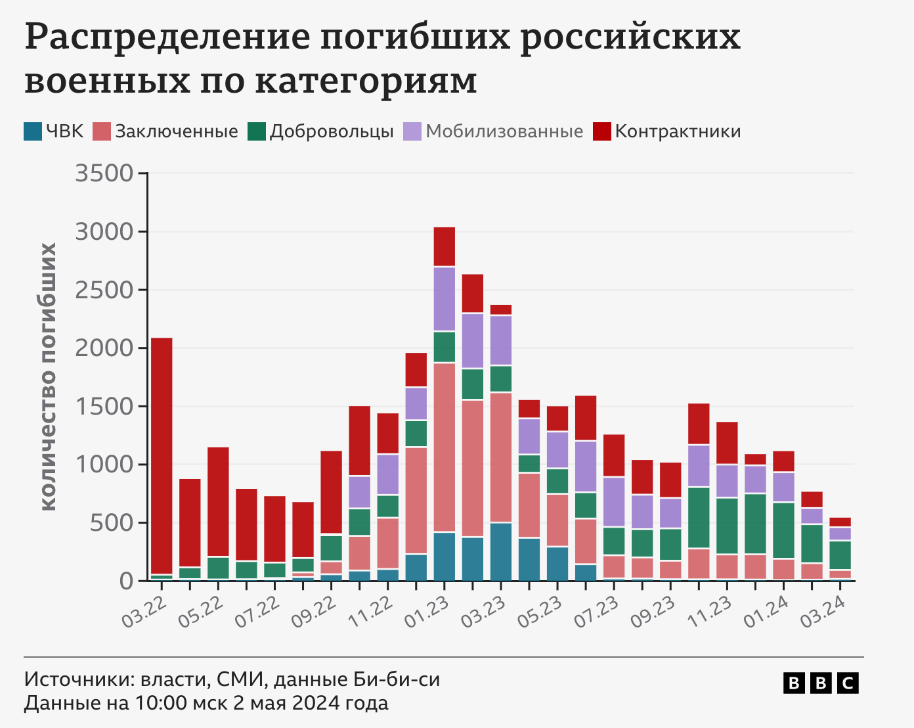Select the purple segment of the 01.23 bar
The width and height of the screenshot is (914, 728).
[445, 299]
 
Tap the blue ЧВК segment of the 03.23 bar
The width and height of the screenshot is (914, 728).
[501, 551]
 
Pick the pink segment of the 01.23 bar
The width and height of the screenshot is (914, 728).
[445, 447]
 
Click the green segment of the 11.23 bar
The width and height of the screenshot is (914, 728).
[727, 526]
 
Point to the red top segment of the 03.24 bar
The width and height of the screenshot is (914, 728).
[840, 522]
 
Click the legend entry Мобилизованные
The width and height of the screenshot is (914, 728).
[504, 131]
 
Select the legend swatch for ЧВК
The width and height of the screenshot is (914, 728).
[33, 131]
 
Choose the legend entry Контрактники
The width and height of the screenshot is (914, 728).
[677, 131]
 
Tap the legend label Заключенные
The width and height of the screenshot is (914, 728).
[176, 131]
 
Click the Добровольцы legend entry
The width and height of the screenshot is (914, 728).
[331, 131]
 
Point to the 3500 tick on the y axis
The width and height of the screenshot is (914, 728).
[104, 173]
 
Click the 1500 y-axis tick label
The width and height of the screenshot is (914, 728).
[104, 406]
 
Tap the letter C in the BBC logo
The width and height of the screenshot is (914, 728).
[848, 683]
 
